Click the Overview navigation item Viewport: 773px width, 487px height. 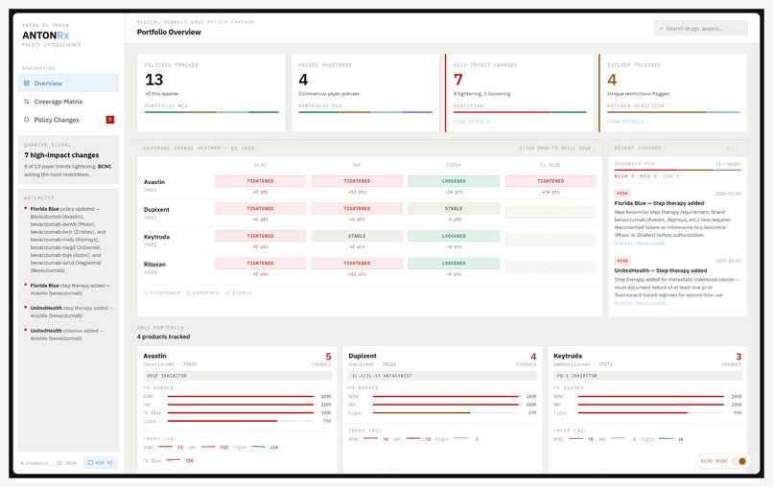48,83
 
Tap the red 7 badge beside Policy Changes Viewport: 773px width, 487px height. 110,120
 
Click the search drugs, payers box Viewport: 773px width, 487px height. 700,29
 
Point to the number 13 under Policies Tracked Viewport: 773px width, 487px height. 154,80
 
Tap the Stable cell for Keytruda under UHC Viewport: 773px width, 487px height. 356,235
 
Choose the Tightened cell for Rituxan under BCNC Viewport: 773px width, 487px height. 259,263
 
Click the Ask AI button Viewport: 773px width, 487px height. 101,463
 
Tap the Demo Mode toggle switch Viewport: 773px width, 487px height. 739,461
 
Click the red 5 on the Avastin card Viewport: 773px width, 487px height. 328,357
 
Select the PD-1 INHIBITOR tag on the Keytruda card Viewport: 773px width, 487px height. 576,376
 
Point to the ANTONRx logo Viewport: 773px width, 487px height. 46,35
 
